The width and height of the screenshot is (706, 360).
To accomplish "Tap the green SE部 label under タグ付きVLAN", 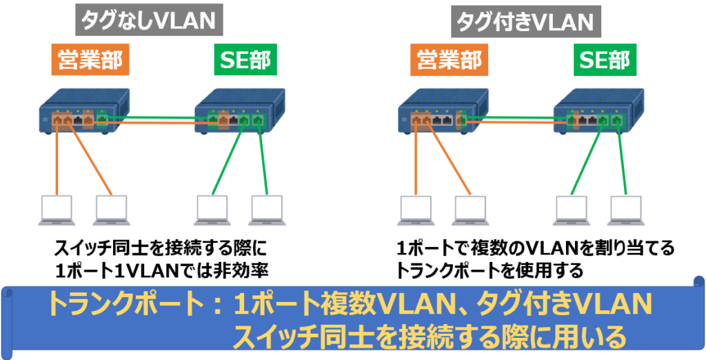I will (x=603, y=61).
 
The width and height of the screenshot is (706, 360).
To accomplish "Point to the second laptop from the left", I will (x=112, y=210).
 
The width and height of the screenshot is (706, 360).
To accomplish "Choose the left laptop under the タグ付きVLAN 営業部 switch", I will (x=416, y=210).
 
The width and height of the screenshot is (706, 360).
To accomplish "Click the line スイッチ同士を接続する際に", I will (x=159, y=248).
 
